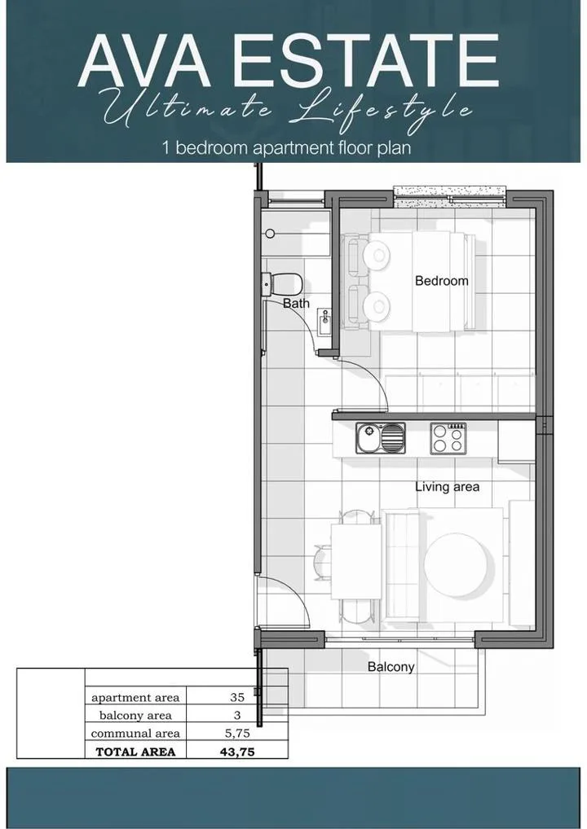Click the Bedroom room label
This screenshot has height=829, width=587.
tap(441, 281)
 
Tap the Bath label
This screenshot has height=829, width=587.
tap(296, 304)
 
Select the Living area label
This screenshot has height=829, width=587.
tap(447, 487)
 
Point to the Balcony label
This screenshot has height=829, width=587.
tap(391, 667)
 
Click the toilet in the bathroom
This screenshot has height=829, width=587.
tap(282, 284)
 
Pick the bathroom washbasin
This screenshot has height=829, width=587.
tap(325, 322)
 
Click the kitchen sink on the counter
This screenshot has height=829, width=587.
tap(381, 437)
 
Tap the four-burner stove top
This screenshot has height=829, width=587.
tap(448, 438)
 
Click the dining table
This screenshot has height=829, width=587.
tap(356, 561)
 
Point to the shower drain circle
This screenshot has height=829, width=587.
tap(271, 233)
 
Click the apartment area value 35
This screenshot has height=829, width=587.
tap(237, 697)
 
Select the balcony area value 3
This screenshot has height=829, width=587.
tap(237, 715)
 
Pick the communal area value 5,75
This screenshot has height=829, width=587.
tap(237, 733)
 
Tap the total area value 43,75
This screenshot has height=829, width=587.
tap(237, 752)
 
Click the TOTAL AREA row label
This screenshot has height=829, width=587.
tap(135, 752)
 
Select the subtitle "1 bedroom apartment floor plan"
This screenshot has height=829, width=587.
tap(286, 147)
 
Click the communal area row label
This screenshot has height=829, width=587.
tap(135, 733)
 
